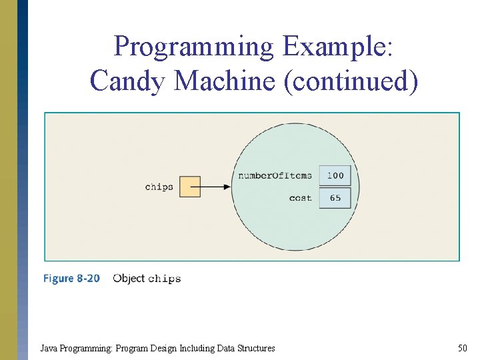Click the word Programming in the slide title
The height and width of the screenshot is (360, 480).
193,47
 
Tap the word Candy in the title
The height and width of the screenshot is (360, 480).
128,81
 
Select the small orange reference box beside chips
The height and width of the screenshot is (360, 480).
190,187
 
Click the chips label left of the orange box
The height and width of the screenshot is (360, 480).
159,187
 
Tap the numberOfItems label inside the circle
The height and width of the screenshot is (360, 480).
275,175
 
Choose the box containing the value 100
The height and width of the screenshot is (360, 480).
335,175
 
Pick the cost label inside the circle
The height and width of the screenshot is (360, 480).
300,198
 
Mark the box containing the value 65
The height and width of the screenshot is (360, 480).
335,198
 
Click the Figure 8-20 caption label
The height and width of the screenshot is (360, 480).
71,278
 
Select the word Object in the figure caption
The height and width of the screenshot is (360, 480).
129,278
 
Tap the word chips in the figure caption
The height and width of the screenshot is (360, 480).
164,278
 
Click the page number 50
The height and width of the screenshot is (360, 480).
462,347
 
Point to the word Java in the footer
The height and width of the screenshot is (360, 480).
48,347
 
